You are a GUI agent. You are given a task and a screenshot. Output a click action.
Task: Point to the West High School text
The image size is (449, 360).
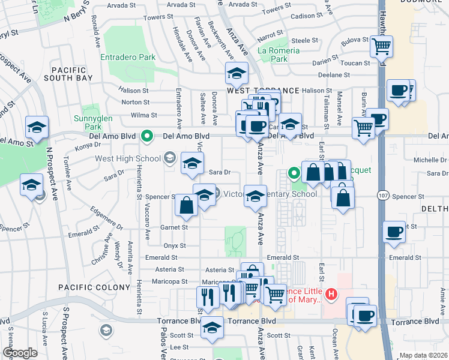(127, 158)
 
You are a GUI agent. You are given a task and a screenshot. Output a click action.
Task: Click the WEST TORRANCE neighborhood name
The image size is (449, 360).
(263, 91)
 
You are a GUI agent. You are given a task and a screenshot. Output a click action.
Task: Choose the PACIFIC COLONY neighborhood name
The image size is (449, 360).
(94, 288)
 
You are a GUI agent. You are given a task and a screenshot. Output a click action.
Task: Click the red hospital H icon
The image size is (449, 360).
(332, 293)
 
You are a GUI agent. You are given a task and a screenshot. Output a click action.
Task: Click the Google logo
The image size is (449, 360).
(20, 353)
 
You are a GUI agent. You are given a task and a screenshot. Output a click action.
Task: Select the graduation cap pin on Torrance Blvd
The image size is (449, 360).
(211, 328)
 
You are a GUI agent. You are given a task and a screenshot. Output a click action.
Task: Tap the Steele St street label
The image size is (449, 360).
(305, 40)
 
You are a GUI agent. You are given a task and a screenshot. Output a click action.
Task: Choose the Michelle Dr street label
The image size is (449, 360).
(429, 160)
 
